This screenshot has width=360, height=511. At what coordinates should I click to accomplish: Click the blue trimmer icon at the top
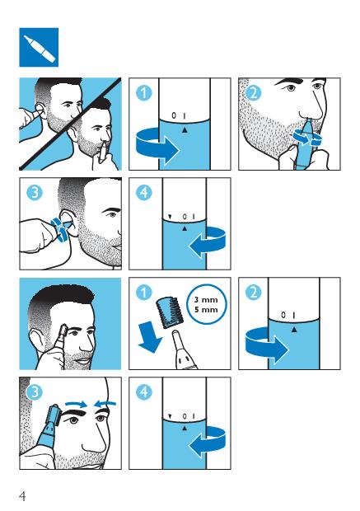39,47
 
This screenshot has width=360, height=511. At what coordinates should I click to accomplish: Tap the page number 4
22,496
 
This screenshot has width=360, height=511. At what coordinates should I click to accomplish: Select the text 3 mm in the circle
206,299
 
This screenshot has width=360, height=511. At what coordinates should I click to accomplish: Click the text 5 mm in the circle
206,309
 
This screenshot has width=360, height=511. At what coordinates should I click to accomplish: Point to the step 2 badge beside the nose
253,93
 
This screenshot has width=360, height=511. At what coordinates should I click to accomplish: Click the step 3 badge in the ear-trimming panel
35,193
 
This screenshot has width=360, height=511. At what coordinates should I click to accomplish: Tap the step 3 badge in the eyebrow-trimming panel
35,392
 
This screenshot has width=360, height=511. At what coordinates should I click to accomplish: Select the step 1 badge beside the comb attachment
143,293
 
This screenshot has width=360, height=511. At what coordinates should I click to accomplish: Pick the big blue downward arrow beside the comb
151,336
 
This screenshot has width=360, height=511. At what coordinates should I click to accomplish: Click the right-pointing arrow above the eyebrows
77,405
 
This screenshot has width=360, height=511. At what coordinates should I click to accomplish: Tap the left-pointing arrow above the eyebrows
105,405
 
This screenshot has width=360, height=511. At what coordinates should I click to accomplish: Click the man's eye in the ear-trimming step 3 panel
112,215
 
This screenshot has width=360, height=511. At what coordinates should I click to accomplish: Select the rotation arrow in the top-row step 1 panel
157,147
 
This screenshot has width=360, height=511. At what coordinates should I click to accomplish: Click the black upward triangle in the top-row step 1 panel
185,130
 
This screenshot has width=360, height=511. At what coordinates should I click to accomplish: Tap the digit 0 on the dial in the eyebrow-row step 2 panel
283,315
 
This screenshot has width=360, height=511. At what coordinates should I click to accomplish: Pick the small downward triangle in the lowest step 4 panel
170,416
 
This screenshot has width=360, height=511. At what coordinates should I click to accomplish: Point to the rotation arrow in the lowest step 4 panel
208,443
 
